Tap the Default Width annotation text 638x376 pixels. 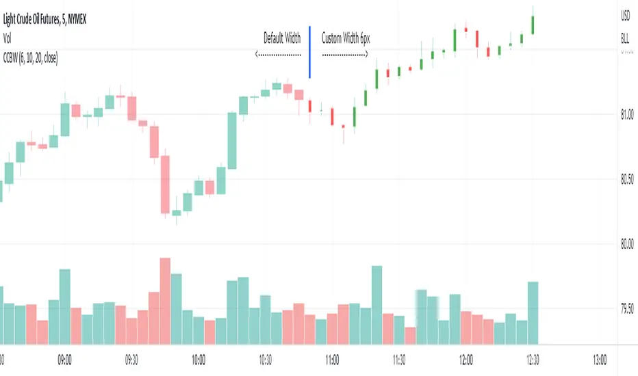point(282,38)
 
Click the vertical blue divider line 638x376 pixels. point(310,52)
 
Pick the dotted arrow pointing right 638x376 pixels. point(346,53)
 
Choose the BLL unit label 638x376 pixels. point(625,40)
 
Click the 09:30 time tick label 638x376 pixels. point(132,358)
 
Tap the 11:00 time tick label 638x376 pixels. point(333,358)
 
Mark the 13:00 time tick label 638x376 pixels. point(600,358)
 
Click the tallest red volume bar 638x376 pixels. point(164,301)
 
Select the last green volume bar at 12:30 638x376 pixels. point(533,312)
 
